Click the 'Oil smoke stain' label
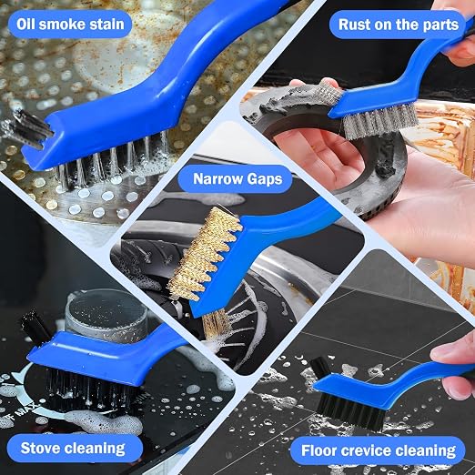(70, 25)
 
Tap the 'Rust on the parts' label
(398, 25)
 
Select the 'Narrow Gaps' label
(237, 178)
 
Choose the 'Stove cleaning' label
(73, 449)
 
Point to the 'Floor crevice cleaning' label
(379, 450)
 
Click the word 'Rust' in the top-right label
(354, 25)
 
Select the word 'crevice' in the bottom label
(368, 450)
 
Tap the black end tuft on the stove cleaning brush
(35, 326)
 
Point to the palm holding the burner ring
(321, 161)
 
